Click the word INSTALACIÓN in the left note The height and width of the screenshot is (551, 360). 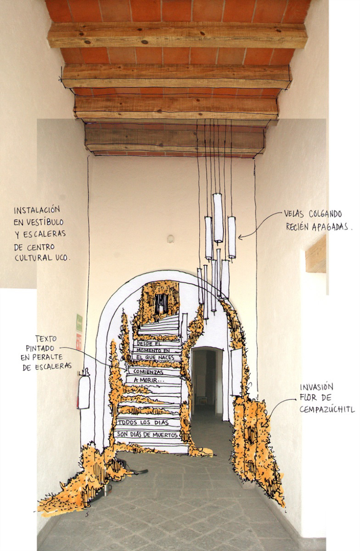click(x=37, y=210)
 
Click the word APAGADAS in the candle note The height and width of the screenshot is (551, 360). click(x=330, y=227)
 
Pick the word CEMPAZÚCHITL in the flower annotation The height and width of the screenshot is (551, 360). click(x=327, y=409)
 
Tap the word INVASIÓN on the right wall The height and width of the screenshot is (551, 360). click(x=317, y=387)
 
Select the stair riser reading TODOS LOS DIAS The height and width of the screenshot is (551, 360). click(x=143, y=422)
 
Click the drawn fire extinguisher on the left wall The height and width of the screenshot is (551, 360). click(x=84, y=390)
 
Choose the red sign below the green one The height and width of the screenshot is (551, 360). click(x=79, y=342)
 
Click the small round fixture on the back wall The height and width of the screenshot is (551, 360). click(x=170, y=239)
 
